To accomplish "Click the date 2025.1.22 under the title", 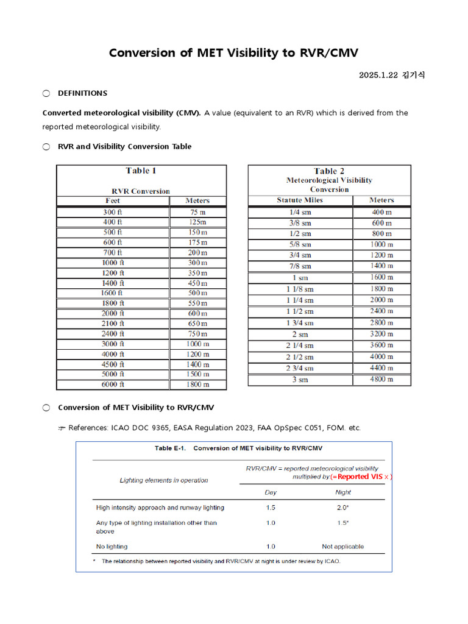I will (378, 75).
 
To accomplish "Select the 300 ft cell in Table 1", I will (113, 212).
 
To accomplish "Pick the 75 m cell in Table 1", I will (197, 212).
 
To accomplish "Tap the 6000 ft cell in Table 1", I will (113, 385).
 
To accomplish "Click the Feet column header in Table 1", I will (113, 200).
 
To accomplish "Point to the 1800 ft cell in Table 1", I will (113, 303).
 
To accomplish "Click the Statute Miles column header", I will (300, 200).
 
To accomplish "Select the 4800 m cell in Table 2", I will (382, 379).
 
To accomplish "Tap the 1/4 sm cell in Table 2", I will (300, 212).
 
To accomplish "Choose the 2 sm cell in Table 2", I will (300, 334).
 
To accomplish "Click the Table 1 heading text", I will (141, 171).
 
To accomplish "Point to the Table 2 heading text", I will (329, 171).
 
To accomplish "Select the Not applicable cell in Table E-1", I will (343, 547).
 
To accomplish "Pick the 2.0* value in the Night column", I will (343, 508).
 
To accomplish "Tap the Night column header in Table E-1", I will (343, 492).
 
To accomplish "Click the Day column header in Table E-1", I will (271, 492).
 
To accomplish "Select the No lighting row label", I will (112, 547).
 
